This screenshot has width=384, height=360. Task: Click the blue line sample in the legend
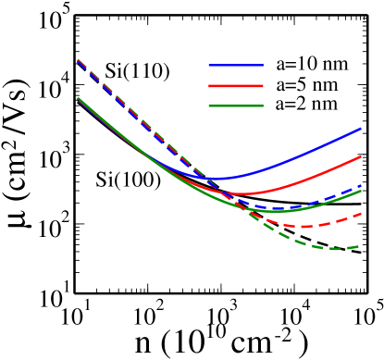coord(236,65)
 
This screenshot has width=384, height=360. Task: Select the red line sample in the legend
coord(236,85)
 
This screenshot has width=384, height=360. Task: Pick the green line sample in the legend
coord(236,106)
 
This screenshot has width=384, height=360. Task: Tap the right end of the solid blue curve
coord(361,129)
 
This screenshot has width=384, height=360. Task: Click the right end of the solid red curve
coord(361,156)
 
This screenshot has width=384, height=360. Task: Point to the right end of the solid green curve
coord(361,191)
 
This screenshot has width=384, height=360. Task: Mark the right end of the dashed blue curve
coord(361,186)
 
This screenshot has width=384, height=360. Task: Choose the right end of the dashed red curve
coord(361,214)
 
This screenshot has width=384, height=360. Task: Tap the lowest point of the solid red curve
coord(243,193)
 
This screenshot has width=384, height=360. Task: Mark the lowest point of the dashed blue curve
coord(278,207)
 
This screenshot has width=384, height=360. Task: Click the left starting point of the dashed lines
coord(78,60)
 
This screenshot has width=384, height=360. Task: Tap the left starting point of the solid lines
coord(78,98)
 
